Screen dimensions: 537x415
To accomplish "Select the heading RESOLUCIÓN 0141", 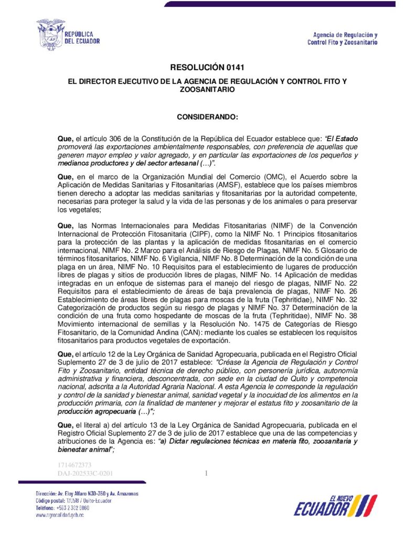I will (x=207, y=67).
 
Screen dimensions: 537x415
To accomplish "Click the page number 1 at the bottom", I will (x=206, y=474).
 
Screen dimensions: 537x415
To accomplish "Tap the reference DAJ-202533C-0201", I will (x=85, y=474).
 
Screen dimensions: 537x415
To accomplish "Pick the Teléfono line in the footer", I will (x=62, y=508).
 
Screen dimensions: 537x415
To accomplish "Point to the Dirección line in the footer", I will (x=87, y=494).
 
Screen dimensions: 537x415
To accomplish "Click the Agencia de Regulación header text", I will (x=342, y=38).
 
